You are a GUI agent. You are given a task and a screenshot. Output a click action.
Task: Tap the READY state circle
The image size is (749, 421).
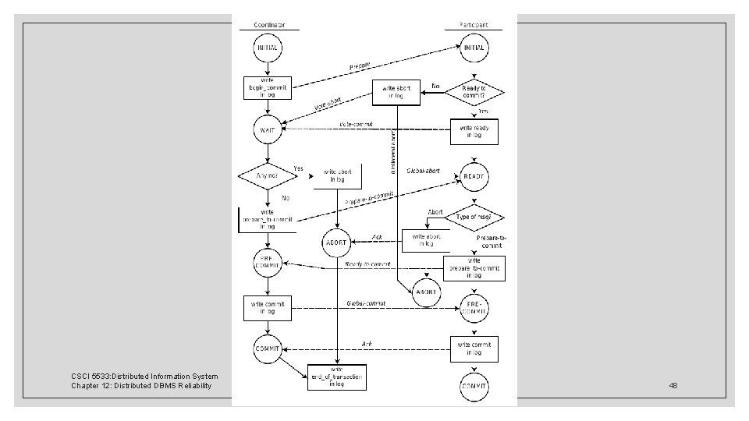(474, 176)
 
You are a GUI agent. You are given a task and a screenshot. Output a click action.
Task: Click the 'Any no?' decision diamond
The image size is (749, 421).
(268, 175)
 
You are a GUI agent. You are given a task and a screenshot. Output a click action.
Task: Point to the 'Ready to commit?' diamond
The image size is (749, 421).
(474, 93)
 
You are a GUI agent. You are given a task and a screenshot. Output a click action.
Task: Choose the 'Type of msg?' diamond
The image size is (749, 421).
(474, 218)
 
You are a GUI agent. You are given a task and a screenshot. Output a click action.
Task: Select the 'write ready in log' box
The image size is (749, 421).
(474, 131)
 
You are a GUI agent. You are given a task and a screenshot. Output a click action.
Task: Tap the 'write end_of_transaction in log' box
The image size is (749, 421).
(337, 377)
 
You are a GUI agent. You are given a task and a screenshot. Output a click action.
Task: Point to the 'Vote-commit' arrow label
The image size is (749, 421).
(357, 124)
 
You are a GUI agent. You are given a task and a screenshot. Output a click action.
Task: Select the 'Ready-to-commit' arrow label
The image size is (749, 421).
(368, 264)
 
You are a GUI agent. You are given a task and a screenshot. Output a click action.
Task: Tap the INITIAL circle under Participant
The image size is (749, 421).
(474, 48)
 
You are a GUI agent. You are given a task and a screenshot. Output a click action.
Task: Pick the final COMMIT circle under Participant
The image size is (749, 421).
(474, 387)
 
